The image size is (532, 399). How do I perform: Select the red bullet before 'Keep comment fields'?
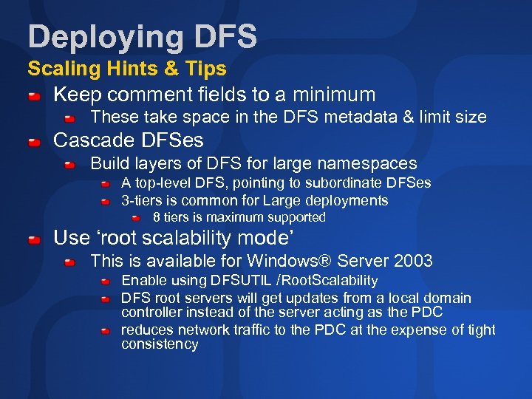tap(35, 97)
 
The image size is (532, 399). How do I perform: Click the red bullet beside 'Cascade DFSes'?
tap(35, 142)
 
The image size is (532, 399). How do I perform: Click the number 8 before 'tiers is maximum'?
tap(156, 218)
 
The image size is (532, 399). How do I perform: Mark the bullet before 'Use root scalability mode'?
tap(35, 240)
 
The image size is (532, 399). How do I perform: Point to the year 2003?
tap(414, 261)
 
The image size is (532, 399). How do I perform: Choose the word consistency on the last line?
tap(160, 344)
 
